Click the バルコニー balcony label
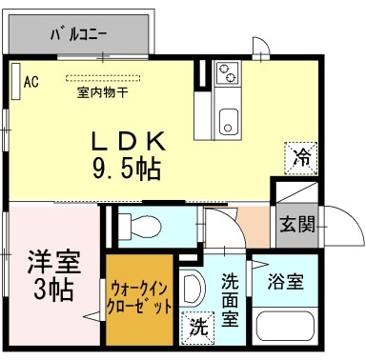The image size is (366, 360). click(x=78, y=35)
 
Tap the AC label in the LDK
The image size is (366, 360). click(x=30, y=81)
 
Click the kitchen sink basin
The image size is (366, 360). click(x=229, y=122)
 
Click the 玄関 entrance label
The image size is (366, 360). click(x=296, y=225)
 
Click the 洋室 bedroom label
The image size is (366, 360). click(x=52, y=260)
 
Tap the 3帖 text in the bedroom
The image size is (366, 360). click(x=52, y=288)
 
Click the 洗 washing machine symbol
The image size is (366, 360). click(x=197, y=327)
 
